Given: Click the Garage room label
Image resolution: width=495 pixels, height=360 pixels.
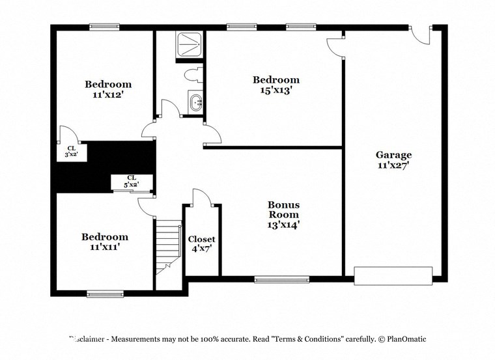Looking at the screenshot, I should tap(393, 155).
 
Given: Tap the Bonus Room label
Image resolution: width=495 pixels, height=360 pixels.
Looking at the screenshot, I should tap(284, 209).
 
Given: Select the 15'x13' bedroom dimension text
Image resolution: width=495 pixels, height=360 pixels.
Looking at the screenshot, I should tap(276, 90).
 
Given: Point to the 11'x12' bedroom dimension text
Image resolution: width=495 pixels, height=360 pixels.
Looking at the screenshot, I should tap(108, 94).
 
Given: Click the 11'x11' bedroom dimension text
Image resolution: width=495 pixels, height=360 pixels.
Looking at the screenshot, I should tap(104, 247).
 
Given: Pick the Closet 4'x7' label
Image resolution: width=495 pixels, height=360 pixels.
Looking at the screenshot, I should tap(201, 239).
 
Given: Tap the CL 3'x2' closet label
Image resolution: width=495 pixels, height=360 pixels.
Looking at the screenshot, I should tap(71, 152).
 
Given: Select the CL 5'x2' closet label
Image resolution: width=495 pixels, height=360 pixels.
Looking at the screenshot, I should tap(132, 181).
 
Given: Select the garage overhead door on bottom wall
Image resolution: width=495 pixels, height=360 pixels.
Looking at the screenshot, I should tap(393, 275).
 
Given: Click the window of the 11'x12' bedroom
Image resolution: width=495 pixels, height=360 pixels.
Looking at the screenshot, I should tap(104, 27).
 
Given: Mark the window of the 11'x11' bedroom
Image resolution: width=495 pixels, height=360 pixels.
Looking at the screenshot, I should tap(105, 294).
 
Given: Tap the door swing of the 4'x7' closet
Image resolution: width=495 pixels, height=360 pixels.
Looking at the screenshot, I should tap(201, 197).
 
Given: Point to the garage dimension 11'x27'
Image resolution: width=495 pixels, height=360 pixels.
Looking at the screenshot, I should tap(393, 165).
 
